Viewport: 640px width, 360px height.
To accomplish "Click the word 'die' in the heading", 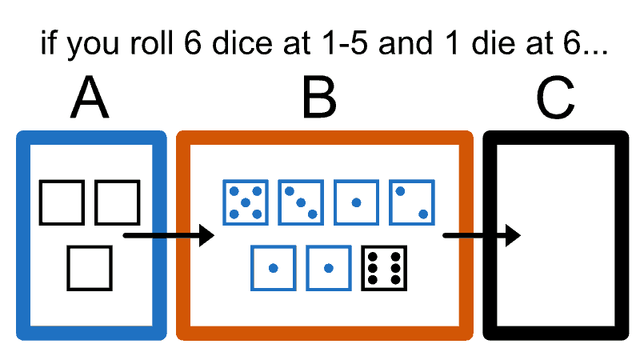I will [x=482, y=43].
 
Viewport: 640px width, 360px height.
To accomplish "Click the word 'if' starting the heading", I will [x=51, y=43].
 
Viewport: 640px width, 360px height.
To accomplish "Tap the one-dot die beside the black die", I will [x=328, y=267].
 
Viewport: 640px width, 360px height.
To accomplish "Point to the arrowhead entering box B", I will [x=206, y=235].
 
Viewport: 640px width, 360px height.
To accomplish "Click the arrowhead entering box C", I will [x=512, y=235].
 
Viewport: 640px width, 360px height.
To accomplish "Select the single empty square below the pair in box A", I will [x=90, y=267].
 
